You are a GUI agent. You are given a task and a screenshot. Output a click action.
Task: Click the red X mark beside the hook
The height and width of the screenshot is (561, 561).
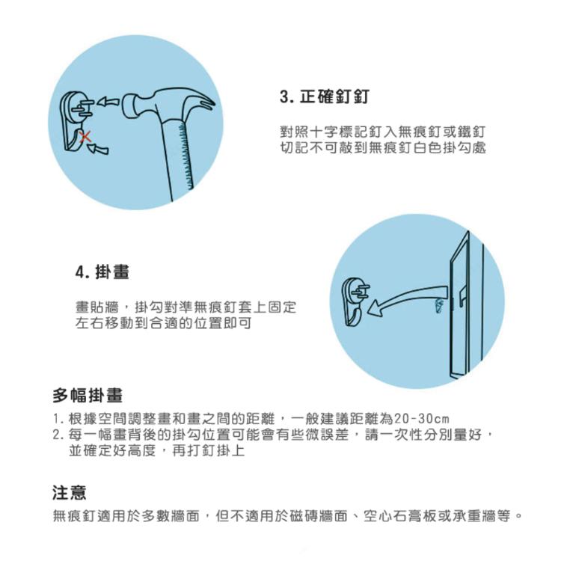tap(86, 136)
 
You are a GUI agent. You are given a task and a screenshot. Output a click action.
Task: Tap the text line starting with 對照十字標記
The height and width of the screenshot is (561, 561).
tap(382, 132)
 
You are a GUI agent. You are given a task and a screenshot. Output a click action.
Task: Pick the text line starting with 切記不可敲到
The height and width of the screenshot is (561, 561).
tap(382, 148)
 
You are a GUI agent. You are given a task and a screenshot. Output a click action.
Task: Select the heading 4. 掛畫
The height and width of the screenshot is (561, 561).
tap(102, 273)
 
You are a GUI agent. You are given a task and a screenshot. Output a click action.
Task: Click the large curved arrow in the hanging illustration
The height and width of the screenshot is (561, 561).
tap(408, 295)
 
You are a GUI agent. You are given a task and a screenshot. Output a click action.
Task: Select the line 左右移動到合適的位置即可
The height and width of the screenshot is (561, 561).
tap(163, 323)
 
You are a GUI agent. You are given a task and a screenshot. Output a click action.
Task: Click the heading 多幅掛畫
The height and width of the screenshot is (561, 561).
tap(88, 395)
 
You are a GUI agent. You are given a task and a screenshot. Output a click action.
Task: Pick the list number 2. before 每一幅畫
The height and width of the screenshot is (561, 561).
tap(58, 435)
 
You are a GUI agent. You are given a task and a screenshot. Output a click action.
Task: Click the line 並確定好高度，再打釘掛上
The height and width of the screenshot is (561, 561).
tap(156, 451)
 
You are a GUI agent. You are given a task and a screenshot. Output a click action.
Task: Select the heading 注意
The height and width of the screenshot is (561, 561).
tap(69, 492)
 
